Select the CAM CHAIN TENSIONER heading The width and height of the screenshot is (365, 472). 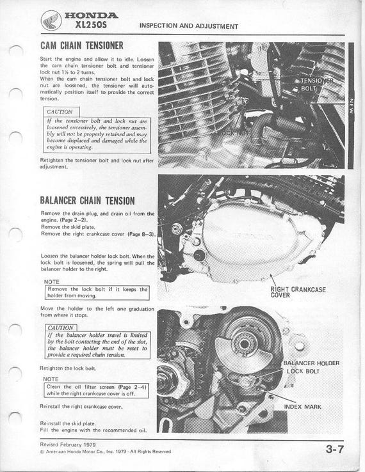(x=81, y=46)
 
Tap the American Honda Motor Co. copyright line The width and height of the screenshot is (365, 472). (x=106, y=452)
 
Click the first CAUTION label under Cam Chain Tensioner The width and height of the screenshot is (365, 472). (x=60, y=111)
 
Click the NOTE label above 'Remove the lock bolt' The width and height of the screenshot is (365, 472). (x=54, y=281)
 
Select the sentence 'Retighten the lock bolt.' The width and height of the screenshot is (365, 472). (x=68, y=369)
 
